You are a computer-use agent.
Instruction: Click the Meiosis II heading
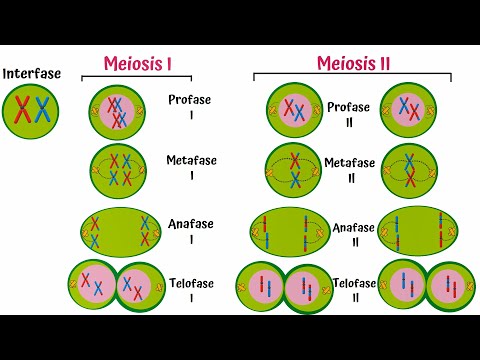(x=353, y=64)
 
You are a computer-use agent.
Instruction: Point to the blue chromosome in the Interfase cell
(x=41, y=109)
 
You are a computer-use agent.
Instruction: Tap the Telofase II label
(x=353, y=289)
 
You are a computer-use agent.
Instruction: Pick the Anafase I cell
(x=120, y=232)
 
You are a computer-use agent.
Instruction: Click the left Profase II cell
(x=294, y=111)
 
